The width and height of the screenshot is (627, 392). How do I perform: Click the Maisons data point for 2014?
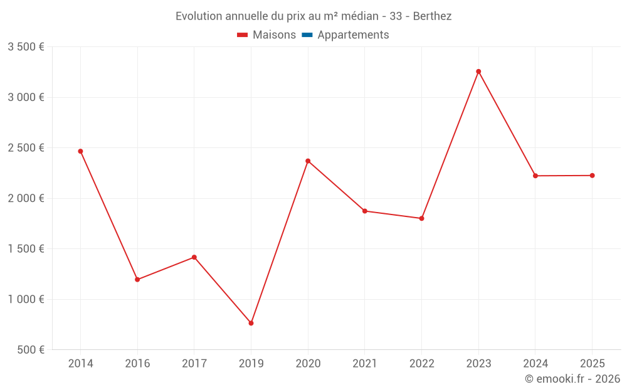tap(80, 151)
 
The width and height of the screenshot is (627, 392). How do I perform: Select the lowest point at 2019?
tap(251, 323)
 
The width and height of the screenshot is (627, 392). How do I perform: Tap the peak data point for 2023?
tap(478, 72)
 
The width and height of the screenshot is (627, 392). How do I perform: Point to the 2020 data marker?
tap(308, 161)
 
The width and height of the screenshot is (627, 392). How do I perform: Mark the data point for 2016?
tap(137, 280)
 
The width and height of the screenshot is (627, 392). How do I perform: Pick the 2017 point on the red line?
tap(194, 257)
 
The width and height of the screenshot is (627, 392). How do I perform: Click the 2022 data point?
tap(422, 218)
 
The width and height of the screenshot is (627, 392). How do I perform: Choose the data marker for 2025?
tap(593, 176)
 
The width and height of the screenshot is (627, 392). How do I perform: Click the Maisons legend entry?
tap(266, 34)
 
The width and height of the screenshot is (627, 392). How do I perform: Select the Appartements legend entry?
tap(345, 34)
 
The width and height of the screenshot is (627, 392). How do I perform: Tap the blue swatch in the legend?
tap(307, 34)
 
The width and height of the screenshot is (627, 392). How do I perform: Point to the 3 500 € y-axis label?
tap(26, 47)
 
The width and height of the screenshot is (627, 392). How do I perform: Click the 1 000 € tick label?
tap(26, 299)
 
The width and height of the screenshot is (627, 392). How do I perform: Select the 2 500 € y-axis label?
tap(26, 148)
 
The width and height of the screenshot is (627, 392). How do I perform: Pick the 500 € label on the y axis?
tap(31, 350)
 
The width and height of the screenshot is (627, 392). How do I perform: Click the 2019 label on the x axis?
tap(251, 364)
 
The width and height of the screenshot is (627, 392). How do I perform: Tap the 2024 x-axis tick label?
tap(535, 364)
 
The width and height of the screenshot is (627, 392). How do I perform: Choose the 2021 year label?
tap(365, 364)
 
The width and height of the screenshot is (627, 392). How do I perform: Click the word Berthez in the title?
tap(432, 16)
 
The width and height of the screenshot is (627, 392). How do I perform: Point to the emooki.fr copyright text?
tap(572, 379)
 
